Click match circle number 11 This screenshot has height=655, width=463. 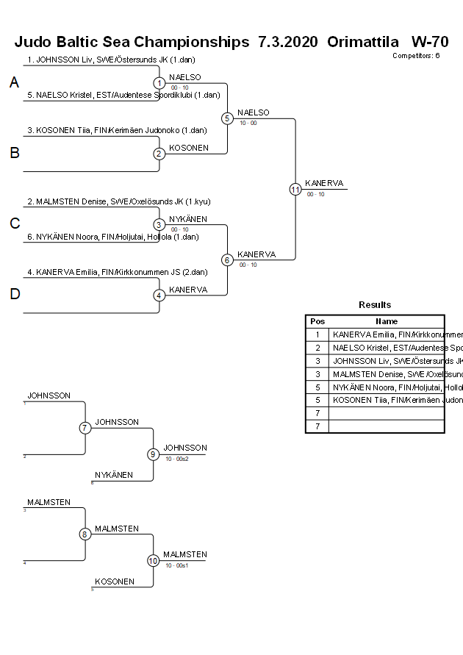click(295, 189)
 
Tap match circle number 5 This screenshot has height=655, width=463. click(227, 118)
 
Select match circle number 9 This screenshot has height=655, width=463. click(154, 454)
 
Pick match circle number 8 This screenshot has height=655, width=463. click(85, 534)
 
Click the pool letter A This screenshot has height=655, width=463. click(14, 83)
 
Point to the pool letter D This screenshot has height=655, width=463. click(14, 295)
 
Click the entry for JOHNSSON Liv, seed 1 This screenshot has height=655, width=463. click(111, 60)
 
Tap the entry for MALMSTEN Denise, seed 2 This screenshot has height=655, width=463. click(121, 201)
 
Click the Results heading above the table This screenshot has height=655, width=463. click(375, 305)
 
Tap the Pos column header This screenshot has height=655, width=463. click(317, 321)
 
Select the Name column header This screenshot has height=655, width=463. click(387, 321)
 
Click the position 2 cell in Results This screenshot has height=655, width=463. click(317, 348)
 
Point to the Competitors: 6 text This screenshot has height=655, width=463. click(416, 56)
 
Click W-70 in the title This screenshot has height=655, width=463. click(430, 42)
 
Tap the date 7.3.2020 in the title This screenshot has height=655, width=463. click(288, 42)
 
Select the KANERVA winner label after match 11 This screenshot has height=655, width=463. click(324, 183)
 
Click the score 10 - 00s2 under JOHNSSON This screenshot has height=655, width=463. click(177, 459)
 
